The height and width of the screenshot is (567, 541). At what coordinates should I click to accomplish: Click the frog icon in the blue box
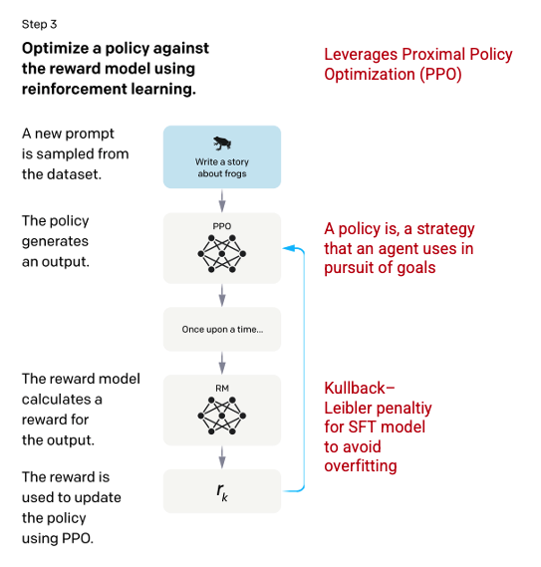(222, 143)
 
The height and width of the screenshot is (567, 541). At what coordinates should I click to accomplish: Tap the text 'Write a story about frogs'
(222, 167)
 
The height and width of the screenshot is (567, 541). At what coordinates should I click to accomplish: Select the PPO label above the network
(221, 226)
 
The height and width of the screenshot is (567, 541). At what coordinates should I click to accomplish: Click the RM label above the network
(222, 389)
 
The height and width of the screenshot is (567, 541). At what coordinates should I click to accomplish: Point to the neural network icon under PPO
(222, 254)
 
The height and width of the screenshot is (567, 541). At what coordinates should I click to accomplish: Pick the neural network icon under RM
(222, 416)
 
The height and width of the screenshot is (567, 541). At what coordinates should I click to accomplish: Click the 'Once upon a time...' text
(222, 330)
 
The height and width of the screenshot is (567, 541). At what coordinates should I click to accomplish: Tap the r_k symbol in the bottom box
(222, 492)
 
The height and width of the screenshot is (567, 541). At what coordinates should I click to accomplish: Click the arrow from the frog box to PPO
(222, 200)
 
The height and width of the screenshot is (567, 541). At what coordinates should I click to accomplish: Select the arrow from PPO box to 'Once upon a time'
(222, 295)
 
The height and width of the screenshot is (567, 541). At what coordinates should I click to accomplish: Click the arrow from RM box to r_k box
(222, 457)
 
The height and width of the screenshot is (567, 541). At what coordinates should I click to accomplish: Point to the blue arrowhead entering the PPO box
(288, 248)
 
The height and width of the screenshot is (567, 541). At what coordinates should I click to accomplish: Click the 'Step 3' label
(40, 24)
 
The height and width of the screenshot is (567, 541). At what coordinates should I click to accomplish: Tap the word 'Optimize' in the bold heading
(56, 49)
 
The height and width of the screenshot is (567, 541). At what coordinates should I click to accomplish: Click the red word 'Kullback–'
(360, 388)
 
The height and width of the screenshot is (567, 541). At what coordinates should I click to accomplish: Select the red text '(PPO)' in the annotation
(440, 75)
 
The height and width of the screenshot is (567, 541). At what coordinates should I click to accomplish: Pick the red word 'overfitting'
(361, 465)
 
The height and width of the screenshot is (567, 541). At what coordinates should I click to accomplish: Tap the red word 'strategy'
(445, 229)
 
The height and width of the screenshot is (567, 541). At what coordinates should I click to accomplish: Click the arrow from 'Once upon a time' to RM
(222, 363)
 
